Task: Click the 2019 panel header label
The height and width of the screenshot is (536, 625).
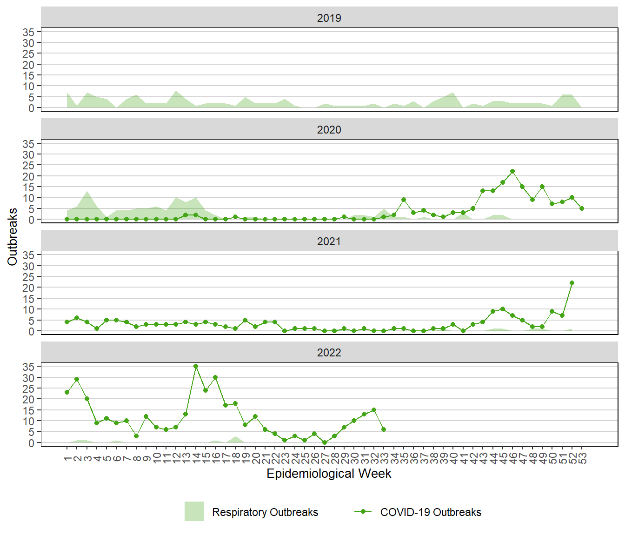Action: click(329, 18)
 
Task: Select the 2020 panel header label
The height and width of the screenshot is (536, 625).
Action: click(329, 130)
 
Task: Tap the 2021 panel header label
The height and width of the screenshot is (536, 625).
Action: click(329, 241)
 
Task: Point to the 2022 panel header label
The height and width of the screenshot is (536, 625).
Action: click(329, 353)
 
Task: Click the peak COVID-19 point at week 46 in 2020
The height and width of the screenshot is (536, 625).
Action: click(512, 171)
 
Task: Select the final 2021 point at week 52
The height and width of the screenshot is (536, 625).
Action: click(572, 283)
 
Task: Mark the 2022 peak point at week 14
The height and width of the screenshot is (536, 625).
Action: click(196, 366)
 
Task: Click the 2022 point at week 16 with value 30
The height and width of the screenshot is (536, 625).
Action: click(215, 377)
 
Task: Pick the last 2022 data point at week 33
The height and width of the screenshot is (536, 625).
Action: click(384, 429)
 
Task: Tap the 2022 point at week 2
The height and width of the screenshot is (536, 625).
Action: click(77, 379)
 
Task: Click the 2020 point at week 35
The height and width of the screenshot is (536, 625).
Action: click(404, 200)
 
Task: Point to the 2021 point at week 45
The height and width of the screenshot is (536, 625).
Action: click(503, 309)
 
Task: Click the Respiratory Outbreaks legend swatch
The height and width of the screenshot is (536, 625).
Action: click(194, 511)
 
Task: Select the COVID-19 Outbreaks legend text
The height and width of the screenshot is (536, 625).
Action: click(431, 512)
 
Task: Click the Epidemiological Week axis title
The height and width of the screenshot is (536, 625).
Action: click(329, 474)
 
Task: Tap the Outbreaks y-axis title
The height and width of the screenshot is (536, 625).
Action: click(13, 237)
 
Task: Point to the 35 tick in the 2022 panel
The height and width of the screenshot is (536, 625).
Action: click(29, 367)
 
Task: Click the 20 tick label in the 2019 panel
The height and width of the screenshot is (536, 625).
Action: click(29, 65)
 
